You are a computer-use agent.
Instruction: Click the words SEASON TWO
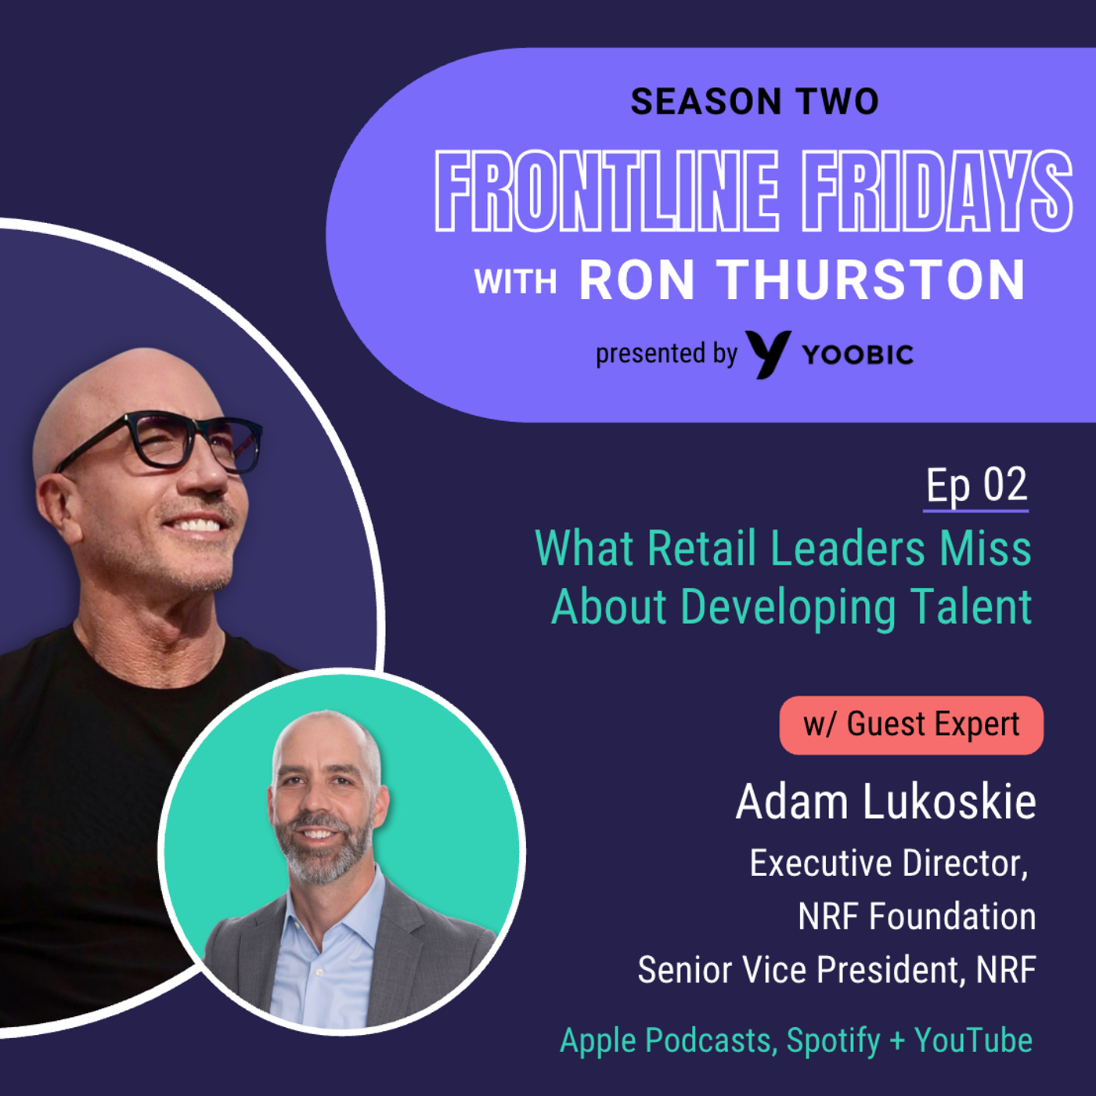click(x=755, y=102)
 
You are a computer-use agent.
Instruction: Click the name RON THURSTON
click(x=802, y=279)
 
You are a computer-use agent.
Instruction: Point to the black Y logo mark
click(x=769, y=354)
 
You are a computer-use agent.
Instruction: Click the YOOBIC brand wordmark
click(x=858, y=355)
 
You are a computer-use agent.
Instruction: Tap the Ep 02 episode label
click(x=976, y=485)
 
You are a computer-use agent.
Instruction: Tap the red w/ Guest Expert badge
click(x=911, y=725)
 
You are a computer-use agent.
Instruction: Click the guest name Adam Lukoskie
click(x=885, y=802)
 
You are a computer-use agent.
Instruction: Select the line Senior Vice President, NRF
click(x=837, y=969)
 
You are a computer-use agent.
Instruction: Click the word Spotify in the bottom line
click(x=833, y=1041)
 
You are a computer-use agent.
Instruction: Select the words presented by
click(x=666, y=355)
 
